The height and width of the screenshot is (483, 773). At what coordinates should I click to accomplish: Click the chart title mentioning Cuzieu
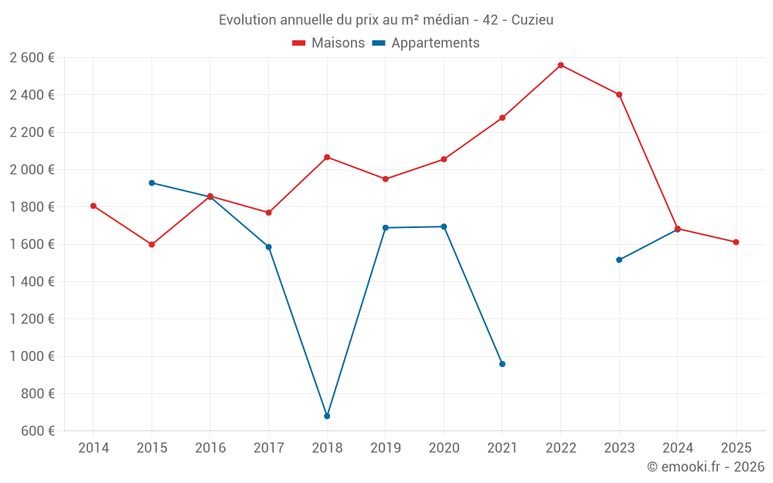(x=386, y=19)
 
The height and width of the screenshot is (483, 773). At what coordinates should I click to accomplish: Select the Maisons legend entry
(x=329, y=43)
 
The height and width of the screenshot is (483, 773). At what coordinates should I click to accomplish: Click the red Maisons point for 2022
(x=560, y=65)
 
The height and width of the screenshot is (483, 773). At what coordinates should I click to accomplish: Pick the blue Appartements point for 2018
(x=327, y=416)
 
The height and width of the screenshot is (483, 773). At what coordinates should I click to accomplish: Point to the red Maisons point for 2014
(x=94, y=206)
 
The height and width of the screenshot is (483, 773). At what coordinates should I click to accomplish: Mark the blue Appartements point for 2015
(x=152, y=183)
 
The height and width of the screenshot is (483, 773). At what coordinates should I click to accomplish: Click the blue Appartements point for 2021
(x=502, y=364)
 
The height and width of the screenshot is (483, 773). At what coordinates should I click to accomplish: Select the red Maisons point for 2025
(x=736, y=242)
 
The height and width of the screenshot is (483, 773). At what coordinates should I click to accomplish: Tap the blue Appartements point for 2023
(x=619, y=260)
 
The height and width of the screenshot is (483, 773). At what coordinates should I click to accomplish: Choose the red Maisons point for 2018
(x=327, y=157)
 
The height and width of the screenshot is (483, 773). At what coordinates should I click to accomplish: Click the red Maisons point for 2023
(x=619, y=94)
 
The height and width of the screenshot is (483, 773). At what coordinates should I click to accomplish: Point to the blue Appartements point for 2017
(x=268, y=247)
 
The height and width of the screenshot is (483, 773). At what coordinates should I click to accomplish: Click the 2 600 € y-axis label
(x=32, y=58)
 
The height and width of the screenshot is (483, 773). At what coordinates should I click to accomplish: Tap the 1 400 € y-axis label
(x=32, y=282)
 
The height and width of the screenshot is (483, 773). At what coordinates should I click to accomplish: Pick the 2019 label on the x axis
(x=385, y=448)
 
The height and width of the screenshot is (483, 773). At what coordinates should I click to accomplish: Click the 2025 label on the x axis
(x=736, y=448)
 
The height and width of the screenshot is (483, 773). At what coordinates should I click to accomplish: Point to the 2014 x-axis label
(x=94, y=448)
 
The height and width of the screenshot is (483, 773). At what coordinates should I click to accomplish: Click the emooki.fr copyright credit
(x=706, y=467)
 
